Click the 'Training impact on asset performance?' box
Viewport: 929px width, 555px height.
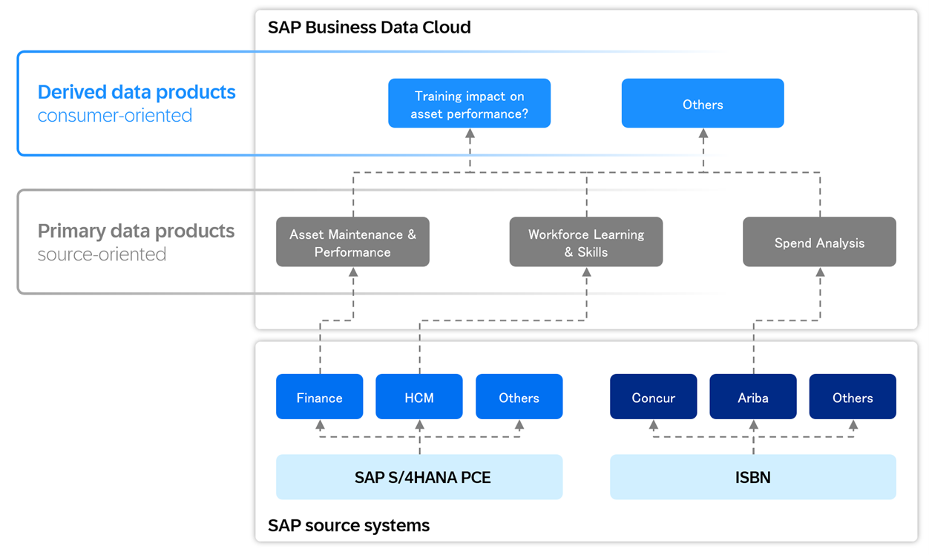[469, 104]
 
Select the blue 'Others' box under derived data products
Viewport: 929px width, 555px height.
[702, 104]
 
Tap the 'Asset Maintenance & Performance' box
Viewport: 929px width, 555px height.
[352, 243]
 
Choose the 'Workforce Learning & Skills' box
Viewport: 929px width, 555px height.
[585, 243]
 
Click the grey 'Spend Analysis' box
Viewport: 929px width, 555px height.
[819, 243]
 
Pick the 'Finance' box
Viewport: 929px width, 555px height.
[319, 397]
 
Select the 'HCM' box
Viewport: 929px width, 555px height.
[418, 397]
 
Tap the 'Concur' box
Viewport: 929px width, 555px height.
[653, 397]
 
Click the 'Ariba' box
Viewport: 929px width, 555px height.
[752, 397]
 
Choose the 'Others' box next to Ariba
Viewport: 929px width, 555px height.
[852, 397]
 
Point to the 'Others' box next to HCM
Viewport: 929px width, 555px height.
[519, 397]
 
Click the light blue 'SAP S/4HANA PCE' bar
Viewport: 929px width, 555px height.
[419, 477]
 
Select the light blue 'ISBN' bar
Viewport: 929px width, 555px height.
[752, 477]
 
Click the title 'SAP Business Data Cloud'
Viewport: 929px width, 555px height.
[369, 27]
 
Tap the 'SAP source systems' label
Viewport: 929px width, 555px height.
[348, 526]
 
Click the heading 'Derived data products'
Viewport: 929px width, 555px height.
[137, 92]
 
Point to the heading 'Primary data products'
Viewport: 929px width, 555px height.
[136, 231]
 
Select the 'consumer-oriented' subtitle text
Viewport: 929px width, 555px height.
[115, 116]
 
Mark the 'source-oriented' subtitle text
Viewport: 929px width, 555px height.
[102, 254]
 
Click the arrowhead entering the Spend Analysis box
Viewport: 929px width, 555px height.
[820, 272]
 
